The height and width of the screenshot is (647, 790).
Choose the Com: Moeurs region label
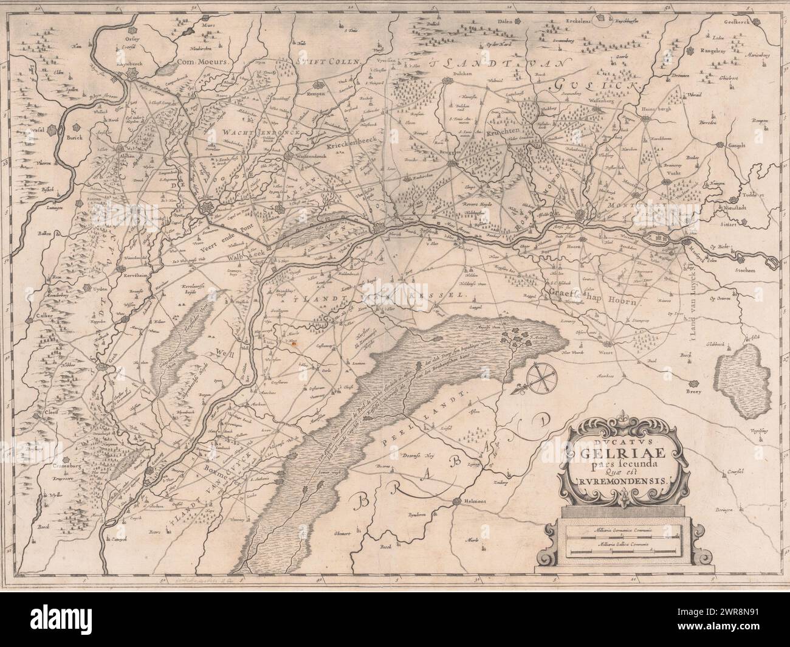coord(201,62)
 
